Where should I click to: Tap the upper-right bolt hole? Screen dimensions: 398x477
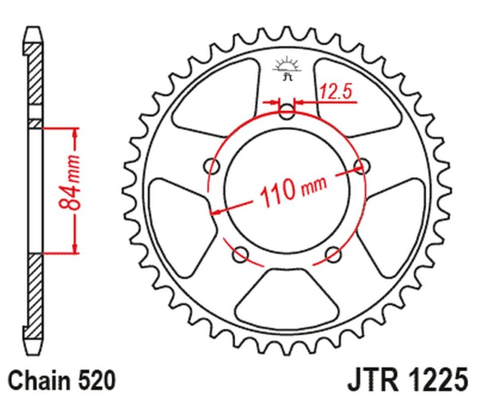click(x=359, y=165)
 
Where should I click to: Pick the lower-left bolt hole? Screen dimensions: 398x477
click(x=242, y=255)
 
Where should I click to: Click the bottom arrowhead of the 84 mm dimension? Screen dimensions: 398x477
click(x=75, y=247)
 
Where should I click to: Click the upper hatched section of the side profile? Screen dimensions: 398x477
click(x=36, y=77)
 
